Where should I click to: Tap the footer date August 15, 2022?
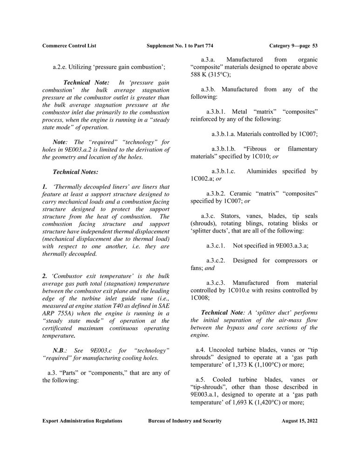(x=299, y=421)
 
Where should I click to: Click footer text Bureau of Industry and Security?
(x=185, y=421)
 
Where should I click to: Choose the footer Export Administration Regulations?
(x=82, y=421)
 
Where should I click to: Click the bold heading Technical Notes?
(x=75, y=172)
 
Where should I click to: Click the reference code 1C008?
(x=200, y=297)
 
